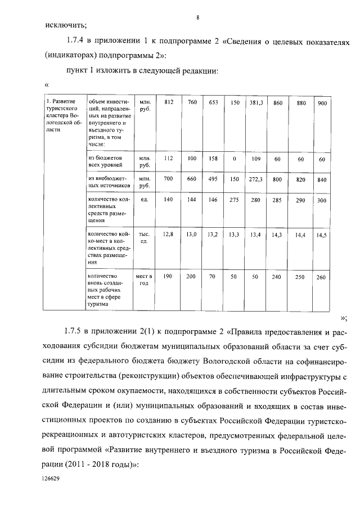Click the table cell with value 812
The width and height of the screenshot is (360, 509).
coord(168,102)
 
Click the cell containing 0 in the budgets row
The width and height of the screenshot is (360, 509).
coord(234,159)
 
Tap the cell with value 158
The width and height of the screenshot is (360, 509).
coord(213,159)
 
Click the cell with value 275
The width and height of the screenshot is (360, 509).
coord(235,200)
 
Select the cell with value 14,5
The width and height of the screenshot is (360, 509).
coord(322,236)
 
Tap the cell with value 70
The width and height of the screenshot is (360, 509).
coord(213,277)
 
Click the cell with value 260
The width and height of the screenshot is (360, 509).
coord(321,277)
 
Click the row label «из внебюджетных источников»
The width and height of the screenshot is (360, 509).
coord(109,182)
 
